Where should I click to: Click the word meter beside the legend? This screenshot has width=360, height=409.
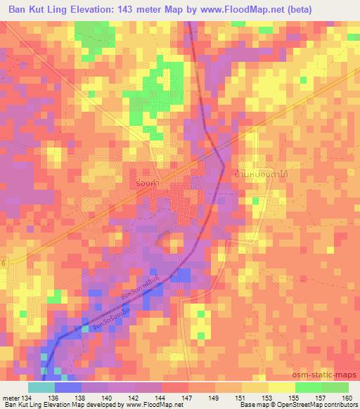pyautogui.click(x=11, y=398)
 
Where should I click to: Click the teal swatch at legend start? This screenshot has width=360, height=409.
pyautogui.click(x=41, y=387)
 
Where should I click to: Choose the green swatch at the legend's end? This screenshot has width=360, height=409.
pyautogui.click(x=335, y=387)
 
